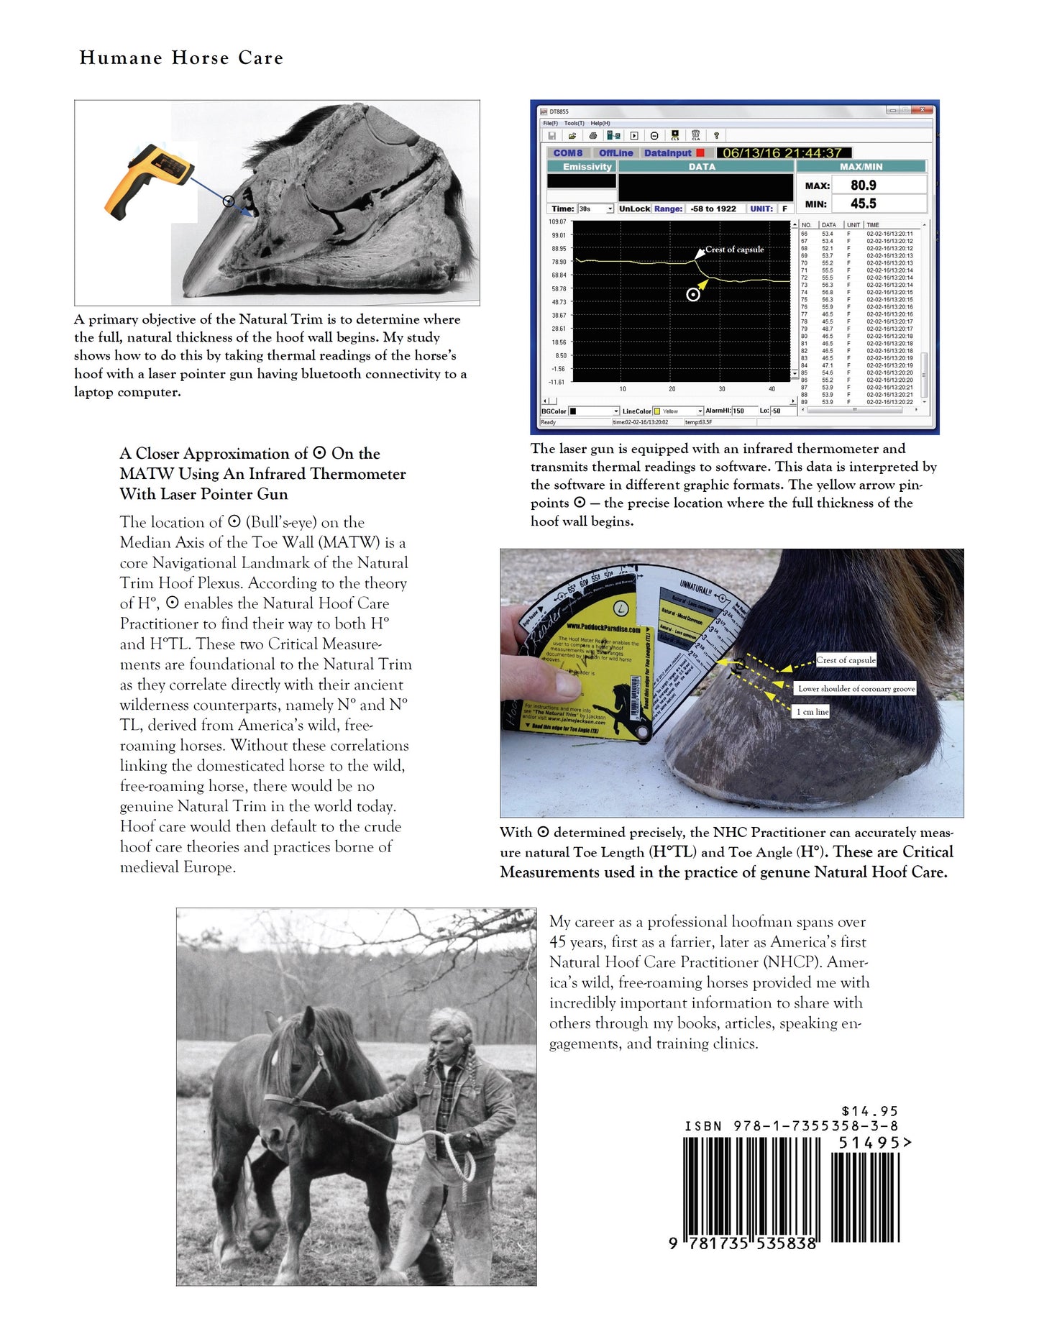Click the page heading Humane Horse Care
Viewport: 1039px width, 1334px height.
(x=181, y=58)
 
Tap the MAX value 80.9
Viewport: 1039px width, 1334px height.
(x=863, y=186)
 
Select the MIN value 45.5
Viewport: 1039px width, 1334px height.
(x=863, y=204)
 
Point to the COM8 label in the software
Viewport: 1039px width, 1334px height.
(x=567, y=153)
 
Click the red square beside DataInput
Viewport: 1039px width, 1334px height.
(x=700, y=153)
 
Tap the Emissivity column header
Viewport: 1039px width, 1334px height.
(x=587, y=167)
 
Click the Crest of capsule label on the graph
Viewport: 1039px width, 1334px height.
(x=734, y=250)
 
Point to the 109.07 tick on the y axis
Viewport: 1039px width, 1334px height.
(x=557, y=222)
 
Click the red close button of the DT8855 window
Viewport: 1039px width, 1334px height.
(x=923, y=111)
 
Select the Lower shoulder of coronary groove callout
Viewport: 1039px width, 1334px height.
(x=856, y=688)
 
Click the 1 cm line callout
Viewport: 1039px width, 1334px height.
(x=812, y=711)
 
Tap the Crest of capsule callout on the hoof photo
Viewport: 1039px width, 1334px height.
(x=846, y=659)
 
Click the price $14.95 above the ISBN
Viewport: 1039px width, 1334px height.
(x=869, y=1111)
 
